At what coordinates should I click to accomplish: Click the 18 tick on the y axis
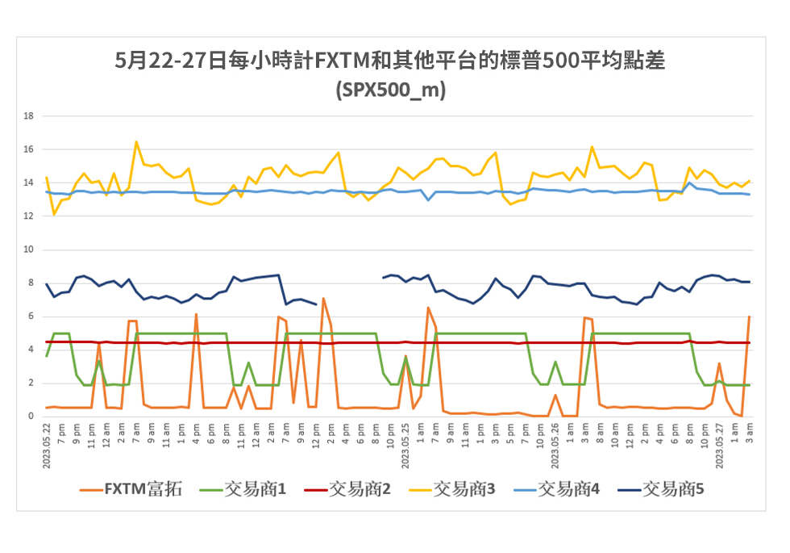29,115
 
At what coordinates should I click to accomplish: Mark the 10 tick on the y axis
29,249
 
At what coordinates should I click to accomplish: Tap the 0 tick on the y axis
31,417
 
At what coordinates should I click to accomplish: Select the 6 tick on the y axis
31,316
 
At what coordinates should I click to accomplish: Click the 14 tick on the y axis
29,182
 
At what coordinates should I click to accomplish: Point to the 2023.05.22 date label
47,443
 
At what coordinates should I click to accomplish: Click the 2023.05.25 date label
405,443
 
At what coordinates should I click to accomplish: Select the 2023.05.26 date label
555,443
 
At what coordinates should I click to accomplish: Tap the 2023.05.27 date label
720,443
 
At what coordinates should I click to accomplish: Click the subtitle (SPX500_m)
390,90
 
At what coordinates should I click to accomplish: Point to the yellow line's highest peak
136,142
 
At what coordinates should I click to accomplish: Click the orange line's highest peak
323,299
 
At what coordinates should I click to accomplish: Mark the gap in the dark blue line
349,279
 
